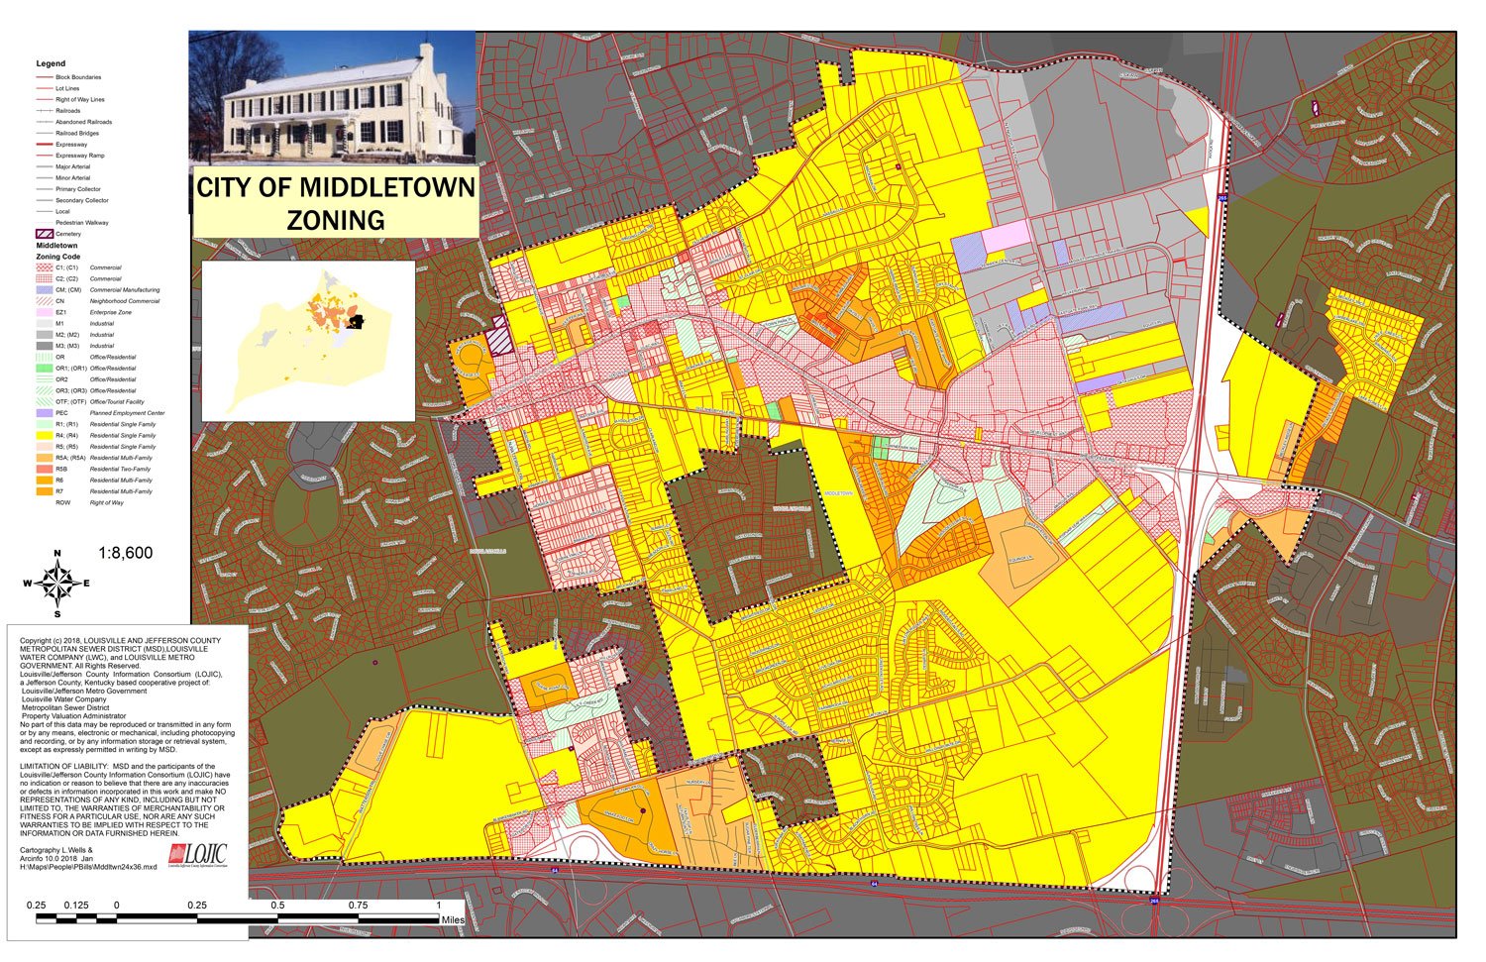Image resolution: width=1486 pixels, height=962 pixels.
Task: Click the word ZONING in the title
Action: click(x=336, y=219)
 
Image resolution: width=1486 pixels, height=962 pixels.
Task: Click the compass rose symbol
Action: click(x=57, y=584)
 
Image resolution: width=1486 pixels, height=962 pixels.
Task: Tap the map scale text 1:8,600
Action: click(x=126, y=553)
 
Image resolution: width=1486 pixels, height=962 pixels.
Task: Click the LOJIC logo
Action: click(x=198, y=855)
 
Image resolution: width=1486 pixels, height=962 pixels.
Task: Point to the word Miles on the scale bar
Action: click(x=453, y=920)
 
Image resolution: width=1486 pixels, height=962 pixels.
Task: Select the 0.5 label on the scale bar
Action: click(x=277, y=906)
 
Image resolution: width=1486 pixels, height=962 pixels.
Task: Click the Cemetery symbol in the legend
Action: click(x=45, y=234)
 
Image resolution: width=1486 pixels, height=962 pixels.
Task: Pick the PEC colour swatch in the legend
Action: click(x=44, y=413)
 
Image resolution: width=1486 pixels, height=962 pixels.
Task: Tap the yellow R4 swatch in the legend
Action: click(x=44, y=435)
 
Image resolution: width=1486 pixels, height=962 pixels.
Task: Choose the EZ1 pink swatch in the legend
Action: click(x=44, y=312)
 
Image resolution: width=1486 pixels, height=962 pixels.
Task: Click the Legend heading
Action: click(x=51, y=63)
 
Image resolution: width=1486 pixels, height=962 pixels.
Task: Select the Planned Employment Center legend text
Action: click(x=127, y=413)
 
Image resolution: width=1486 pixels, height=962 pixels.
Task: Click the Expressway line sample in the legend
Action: click(x=44, y=145)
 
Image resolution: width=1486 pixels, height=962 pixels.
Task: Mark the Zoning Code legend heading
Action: click(x=58, y=257)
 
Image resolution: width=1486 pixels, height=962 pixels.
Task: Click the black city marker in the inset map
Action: click(x=358, y=321)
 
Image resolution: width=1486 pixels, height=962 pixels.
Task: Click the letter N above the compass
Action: click(x=57, y=554)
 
